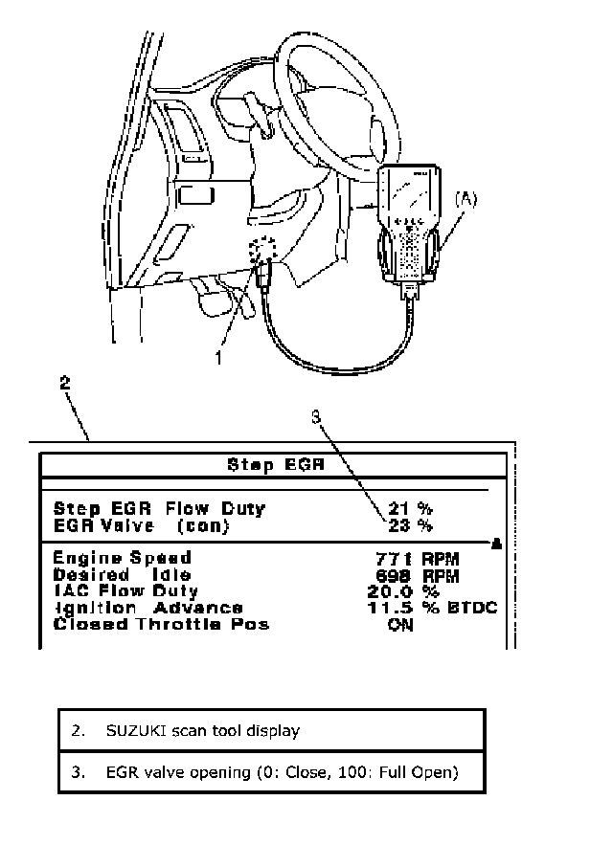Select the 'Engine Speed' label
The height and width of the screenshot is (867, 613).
[x=122, y=558]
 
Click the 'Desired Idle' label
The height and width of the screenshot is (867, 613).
[x=116, y=575]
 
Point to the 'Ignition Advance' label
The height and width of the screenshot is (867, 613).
[x=148, y=608]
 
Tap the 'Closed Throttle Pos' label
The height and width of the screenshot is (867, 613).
[x=161, y=625]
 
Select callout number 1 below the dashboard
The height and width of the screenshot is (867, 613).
[x=219, y=360]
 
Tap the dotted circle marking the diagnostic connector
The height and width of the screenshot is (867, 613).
[x=261, y=252]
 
